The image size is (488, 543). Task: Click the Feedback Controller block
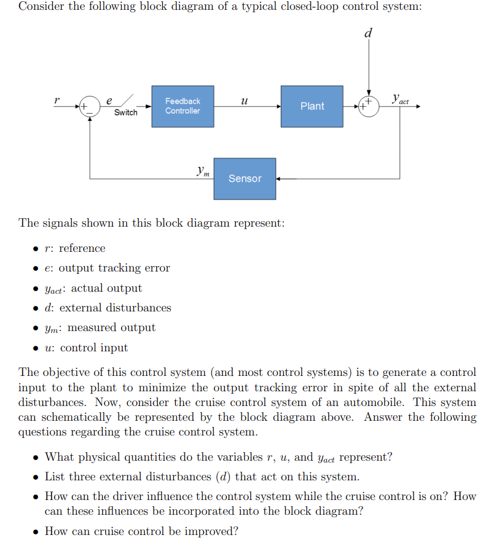[x=183, y=106]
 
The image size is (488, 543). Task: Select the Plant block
[x=312, y=106]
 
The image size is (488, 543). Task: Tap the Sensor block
[x=245, y=179]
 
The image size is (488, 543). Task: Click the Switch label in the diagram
[x=126, y=113]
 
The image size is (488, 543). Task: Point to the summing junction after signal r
[x=90, y=106]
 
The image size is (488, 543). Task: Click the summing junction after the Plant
[x=368, y=106]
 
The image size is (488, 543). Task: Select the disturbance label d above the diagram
[x=368, y=33]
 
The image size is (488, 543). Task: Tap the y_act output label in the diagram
[x=400, y=99]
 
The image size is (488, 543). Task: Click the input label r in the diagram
[x=57, y=98]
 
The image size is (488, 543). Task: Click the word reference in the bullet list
[x=82, y=248]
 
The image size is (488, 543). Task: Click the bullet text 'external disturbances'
[x=115, y=308]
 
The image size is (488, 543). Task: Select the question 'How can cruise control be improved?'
[x=141, y=531]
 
